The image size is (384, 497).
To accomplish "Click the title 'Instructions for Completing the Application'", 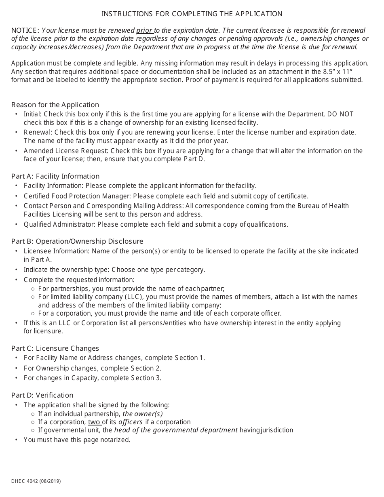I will pos(192,14).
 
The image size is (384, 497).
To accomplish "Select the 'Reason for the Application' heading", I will pos(55,105).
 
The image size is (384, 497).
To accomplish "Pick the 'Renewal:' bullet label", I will pos(38,133).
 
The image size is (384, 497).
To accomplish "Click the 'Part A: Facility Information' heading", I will pos(55,176).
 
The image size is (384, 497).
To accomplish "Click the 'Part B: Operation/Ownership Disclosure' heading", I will pos(77,241).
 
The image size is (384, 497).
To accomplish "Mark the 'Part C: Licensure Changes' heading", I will pos(55,348).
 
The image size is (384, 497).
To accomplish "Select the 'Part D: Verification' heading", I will pos(42,395).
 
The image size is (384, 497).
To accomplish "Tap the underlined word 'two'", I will pos(94,422).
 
